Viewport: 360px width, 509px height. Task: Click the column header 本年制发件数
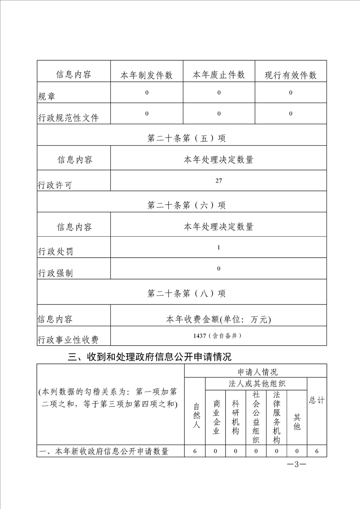146,75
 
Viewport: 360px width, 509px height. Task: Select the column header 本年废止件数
219,75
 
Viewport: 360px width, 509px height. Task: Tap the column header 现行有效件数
291,75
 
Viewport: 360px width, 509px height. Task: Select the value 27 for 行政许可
219,181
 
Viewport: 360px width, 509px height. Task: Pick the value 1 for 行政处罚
219,247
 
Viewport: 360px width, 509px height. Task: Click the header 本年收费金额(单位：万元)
219,320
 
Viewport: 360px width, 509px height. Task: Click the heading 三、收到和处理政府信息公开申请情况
149,357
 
